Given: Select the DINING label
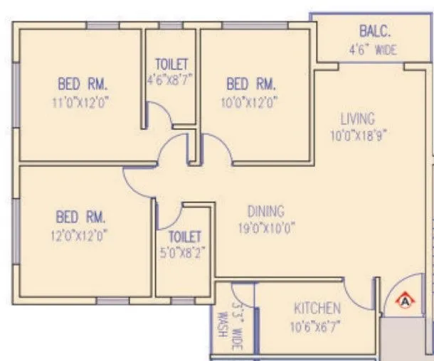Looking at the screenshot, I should tap(265, 211).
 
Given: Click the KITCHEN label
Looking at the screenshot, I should tap(317, 308).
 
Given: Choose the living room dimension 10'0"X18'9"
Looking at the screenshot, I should tap(357, 134).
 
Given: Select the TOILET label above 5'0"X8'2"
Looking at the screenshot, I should tap(185, 236).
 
